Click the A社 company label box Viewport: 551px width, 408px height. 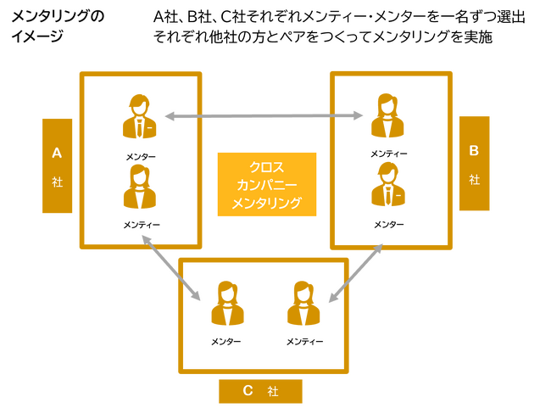point(58,165)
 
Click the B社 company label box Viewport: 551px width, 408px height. point(475,163)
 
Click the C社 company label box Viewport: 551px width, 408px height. point(260,391)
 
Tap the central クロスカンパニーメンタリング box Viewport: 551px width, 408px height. point(267,184)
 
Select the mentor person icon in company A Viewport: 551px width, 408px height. point(140,116)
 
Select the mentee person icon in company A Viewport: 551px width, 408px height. point(140,187)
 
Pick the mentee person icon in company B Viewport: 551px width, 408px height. point(387,115)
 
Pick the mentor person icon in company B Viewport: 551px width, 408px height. point(388,184)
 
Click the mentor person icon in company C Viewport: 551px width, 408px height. point(227,303)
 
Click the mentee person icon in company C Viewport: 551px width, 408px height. point(303,303)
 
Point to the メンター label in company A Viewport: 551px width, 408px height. point(141,157)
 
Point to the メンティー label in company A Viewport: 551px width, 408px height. point(142,225)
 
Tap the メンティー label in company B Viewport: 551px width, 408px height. point(389,154)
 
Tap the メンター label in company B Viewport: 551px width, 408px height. point(388,224)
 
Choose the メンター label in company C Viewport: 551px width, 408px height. point(226,342)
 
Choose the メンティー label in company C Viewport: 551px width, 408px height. point(304,342)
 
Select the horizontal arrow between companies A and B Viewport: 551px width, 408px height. point(264,115)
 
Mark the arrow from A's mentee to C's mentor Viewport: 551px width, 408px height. point(171,268)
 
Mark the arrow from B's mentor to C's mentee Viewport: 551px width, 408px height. point(356,273)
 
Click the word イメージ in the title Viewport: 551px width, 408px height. point(37,36)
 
